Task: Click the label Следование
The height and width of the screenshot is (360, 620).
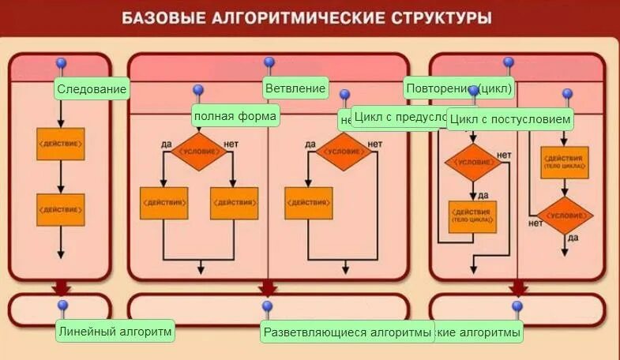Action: pos(92,89)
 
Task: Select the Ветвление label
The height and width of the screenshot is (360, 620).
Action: pos(295,88)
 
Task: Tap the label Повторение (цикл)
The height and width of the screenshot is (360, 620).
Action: pos(459,88)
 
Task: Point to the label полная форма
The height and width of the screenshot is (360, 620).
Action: pos(235,117)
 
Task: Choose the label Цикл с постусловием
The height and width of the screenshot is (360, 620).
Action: pos(509,120)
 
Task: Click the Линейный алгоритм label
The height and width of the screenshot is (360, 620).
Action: pos(115,332)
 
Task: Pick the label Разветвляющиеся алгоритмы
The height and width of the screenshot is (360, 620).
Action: pos(348,332)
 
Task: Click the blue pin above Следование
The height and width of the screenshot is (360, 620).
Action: pos(61,63)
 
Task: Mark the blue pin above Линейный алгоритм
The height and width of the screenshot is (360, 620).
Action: pos(63,306)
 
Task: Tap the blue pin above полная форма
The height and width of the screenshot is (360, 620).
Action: pos(198,90)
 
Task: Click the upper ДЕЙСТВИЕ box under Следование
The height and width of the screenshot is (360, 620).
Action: pos(61,144)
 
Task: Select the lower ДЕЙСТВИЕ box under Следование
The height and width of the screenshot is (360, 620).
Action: pos(61,209)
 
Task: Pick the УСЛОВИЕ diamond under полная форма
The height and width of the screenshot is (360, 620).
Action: pos(197,151)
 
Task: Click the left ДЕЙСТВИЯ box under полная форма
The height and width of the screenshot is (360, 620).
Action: pos(163,203)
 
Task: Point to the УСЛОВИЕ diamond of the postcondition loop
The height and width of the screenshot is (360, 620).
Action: pos(565,216)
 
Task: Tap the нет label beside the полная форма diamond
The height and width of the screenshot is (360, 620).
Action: pos(231,144)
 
